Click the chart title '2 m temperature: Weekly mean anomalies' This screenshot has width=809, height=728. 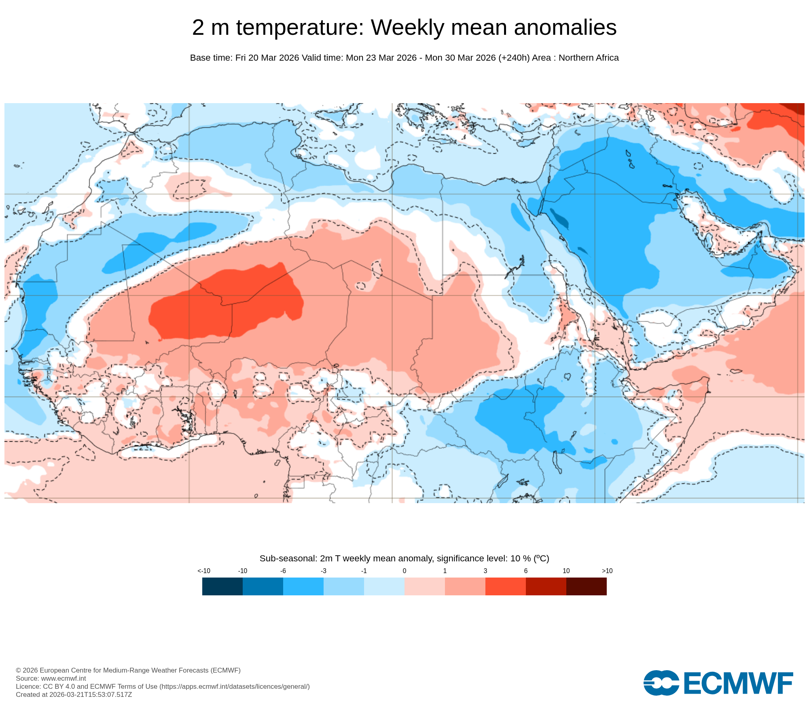tap(404, 28)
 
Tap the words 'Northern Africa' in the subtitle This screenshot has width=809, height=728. tap(589, 58)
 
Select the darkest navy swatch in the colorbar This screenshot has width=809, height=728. tap(222, 586)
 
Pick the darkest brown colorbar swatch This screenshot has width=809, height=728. tap(587, 586)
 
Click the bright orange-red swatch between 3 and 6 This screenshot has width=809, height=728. tap(506, 586)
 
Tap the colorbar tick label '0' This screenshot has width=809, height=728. tap(404, 571)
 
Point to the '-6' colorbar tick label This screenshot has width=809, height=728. tap(283, 571)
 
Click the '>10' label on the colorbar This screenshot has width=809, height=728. tap(607, 571)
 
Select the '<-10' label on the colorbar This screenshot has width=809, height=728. tap(204, 571)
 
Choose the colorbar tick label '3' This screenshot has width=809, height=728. tap(485, 571)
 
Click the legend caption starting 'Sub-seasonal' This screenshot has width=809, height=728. tap(404, 559)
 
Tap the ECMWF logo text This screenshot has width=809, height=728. tap(738, 683)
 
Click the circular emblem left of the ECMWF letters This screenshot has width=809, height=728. tap(661, 683)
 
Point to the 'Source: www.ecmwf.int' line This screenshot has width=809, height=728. tap(51, 678)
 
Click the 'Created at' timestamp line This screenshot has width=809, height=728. tap(74, 694)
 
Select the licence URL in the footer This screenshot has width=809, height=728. tap(235, 686)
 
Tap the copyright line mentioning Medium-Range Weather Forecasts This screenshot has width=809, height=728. tap(128, 670)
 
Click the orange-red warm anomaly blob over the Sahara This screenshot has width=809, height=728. tap(227, 303)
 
